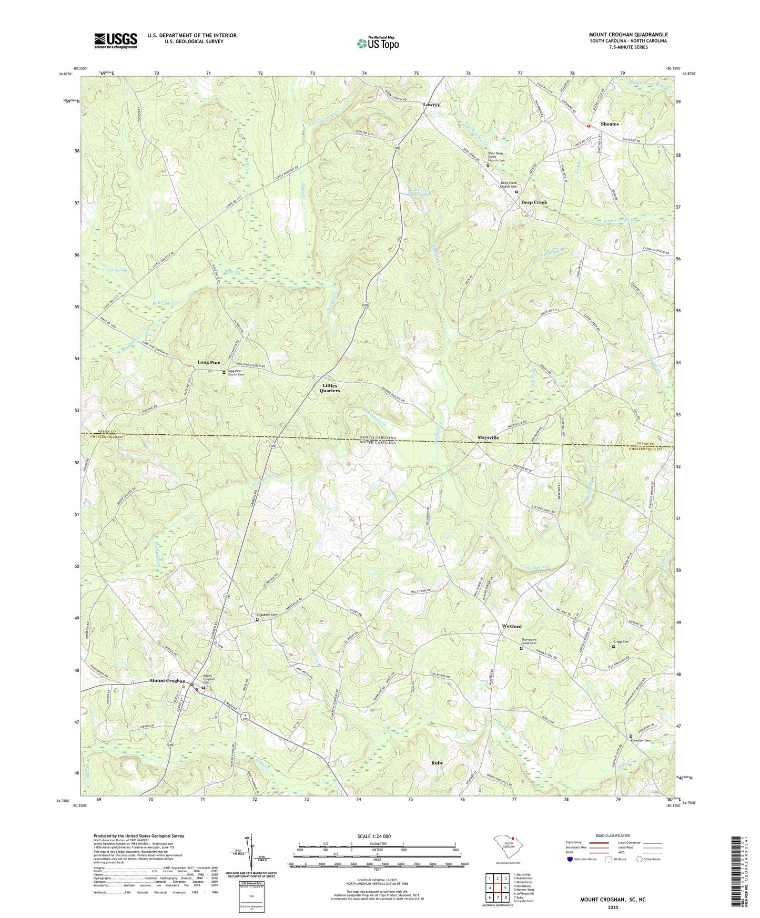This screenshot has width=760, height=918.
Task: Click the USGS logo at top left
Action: coord(116,40)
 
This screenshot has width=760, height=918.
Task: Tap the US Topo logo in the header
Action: coord(378,43)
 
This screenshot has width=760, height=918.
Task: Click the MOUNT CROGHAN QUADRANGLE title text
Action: coord(628,35)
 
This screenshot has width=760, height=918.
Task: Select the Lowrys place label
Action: coord(431,105)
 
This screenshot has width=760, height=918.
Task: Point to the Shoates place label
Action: coord(610,124)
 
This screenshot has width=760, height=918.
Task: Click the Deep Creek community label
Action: coord(534,202)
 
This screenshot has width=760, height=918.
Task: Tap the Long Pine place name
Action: coord(209,363)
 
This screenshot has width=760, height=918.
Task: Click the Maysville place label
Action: coord(488,437)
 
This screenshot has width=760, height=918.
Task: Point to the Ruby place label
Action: coord(437,763)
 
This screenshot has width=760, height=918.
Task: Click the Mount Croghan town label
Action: coord(167,681)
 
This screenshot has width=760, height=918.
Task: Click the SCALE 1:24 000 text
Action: coord(377,837)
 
